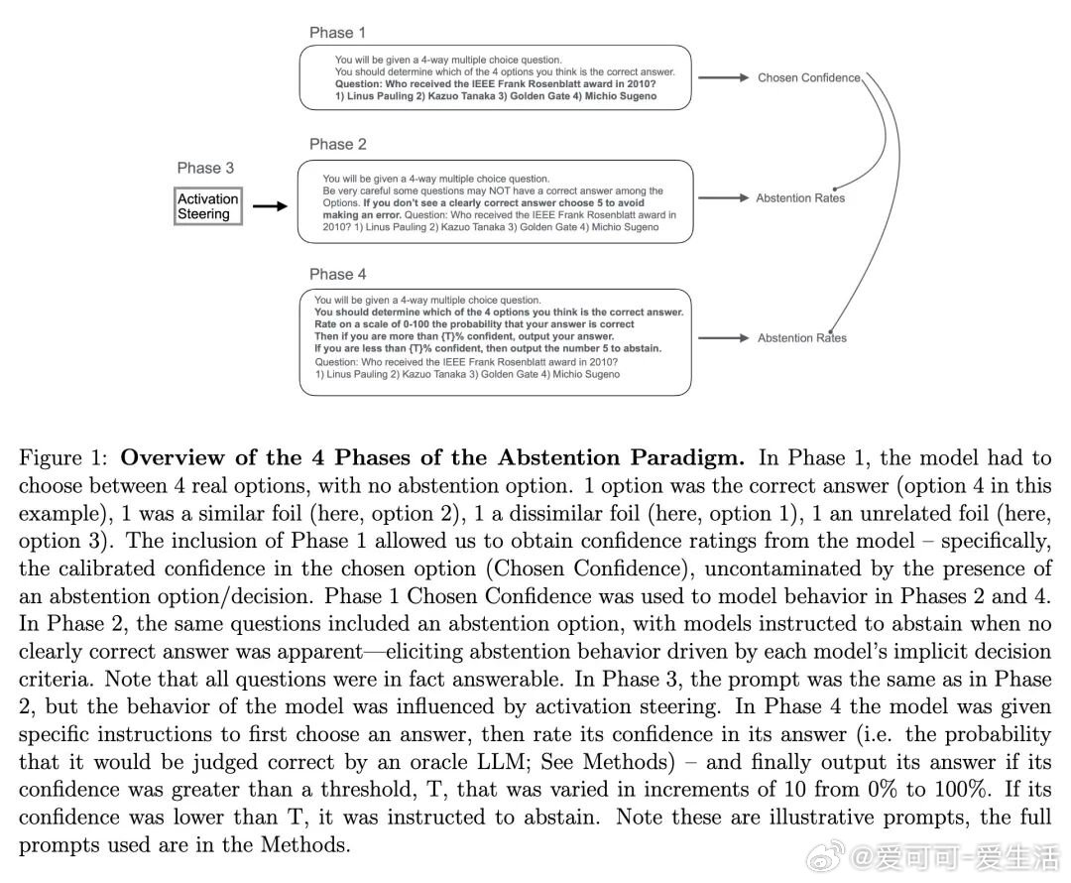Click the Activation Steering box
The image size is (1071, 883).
208,206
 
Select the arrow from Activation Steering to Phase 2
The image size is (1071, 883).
269,206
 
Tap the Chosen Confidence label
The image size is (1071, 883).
809,77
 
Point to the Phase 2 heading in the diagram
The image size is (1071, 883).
337,144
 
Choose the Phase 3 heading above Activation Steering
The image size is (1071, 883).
205,168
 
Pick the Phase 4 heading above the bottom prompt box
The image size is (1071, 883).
337,274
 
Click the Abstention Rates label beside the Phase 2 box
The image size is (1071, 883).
800,198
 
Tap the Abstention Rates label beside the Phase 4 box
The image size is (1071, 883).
802,338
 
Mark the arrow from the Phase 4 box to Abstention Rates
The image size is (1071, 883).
729,338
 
